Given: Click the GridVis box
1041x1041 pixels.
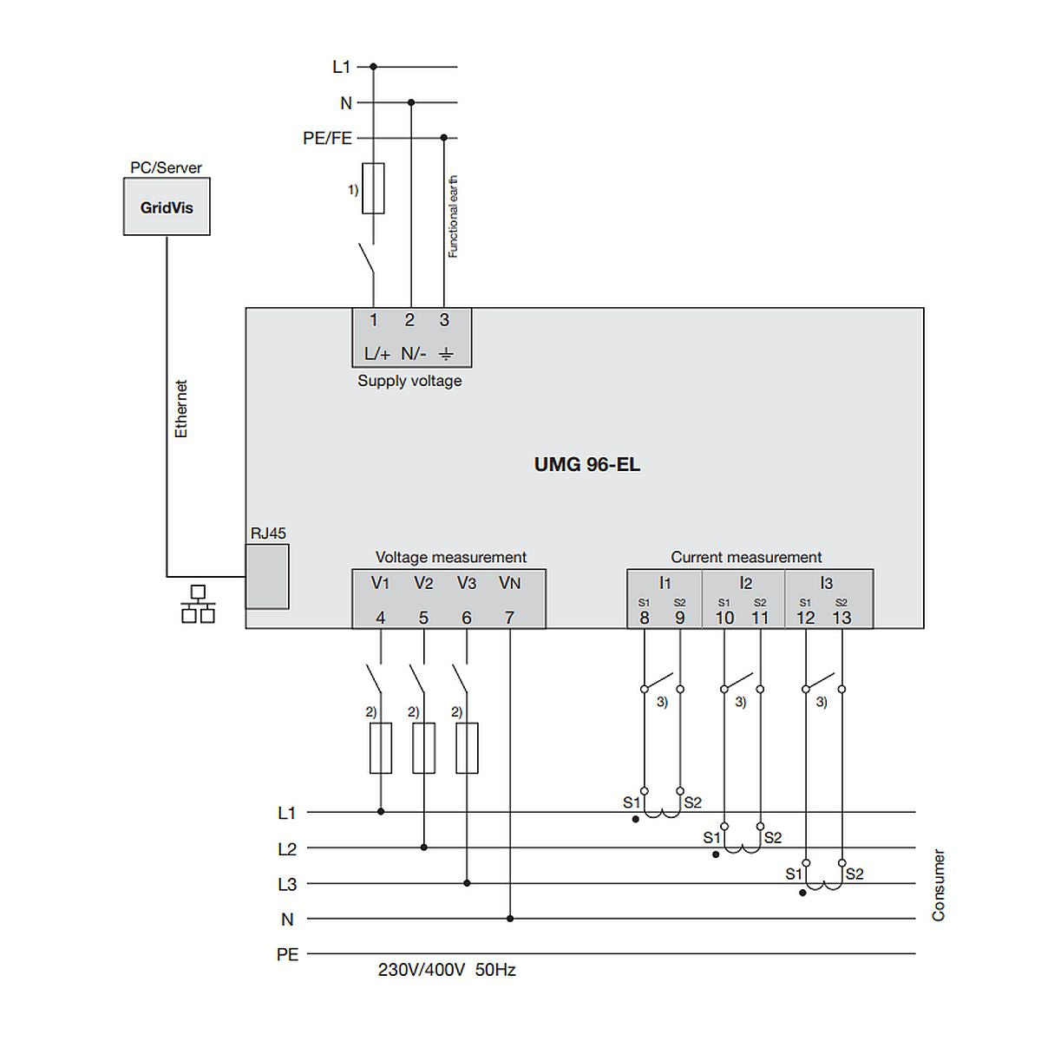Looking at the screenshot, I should click(167, 207).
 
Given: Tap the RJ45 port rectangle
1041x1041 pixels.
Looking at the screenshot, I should click(267, 577).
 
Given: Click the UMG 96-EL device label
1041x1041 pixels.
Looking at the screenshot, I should click(587, 464).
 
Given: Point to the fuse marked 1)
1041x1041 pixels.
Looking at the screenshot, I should click(373, 187).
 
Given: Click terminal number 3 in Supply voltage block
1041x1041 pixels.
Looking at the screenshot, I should click(444, 320).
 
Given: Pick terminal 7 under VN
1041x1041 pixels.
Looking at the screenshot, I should click(509, 618).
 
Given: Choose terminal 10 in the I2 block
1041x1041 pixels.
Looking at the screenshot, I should click(724, 618).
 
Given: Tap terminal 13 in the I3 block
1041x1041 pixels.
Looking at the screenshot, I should click(841, 618).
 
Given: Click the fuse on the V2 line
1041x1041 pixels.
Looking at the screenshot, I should click(423, 748).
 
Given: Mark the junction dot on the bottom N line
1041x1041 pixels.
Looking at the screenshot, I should click(510, 919).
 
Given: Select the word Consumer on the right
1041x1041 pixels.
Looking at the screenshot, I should click(938, 885).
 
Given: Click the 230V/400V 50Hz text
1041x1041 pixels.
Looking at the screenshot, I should click(447, 970).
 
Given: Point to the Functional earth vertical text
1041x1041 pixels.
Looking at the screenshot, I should click(453, 217).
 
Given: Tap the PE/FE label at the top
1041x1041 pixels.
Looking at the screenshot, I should click(328, 138).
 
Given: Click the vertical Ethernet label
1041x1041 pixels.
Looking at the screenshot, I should click(181, 409).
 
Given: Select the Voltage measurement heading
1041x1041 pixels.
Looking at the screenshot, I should click(450, 557).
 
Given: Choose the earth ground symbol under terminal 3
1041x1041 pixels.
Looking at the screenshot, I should click(445, 354).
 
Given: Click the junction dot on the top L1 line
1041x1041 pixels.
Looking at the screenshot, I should click(374, 66).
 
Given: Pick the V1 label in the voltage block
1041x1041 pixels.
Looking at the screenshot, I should click(381, 583).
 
